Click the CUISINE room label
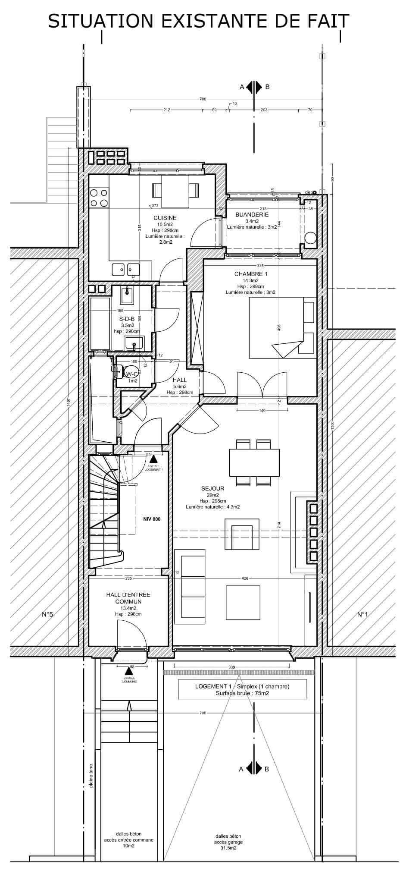pyautogui.click(x=165, y=218)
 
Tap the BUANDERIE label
pyautogui.click(x=252, y=214)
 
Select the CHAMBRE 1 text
pyautogui.click(x=251, y=274)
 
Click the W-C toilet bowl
pyautogui.click(x=129, y=371)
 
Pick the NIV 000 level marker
pyautogui.click(x=152, y=519)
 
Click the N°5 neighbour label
pyautogui.click(x=47, y=614)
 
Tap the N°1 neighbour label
pyautogui.click(x=362, y=614)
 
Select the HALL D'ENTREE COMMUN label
pyautogui.click(x=128, y=598)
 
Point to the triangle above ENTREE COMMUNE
pyautogui.click(x=128, y=671)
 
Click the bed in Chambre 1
pyautogui.click(x=282, y=328)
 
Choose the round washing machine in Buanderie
pyautogui.click(x=310, y=238)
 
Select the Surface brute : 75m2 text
pyautogui.click(x=242, y=693)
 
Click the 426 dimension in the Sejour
pyautogui.click(x=245, y=578)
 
